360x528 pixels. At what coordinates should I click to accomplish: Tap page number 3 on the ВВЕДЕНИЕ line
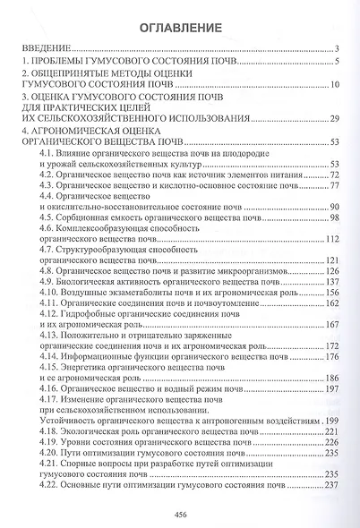pos(335,48)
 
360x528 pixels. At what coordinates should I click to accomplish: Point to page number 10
pos(332,85)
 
